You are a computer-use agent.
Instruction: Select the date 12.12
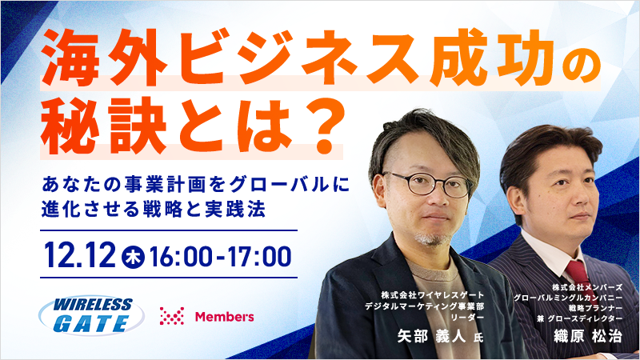pyautogui.click(x=80, y=255)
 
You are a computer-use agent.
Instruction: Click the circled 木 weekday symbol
pyautogui.click(x=133, y=256)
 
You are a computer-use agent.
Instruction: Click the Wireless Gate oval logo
pyautogui.click(x=91, y=315)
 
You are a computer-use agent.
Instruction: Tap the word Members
pyautogui.click(x=225, y=316)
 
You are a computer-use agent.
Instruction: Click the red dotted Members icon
pyautogui.click(x=172, y=316)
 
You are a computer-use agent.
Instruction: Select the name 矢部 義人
pyautogui.click(x=431, y=336)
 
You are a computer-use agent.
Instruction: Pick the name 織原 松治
pyautogui.click(x=588, y=335)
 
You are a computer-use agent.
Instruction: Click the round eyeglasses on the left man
pyautogui.click(x=427, y=184)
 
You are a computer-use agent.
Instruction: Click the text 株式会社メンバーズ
pyautogui.click(x=587, y=287)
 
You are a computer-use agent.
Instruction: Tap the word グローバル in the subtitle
pyautogui.click(x=280, y=185)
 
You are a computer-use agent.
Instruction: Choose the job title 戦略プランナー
pyautogui.click(x=595, y=308)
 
